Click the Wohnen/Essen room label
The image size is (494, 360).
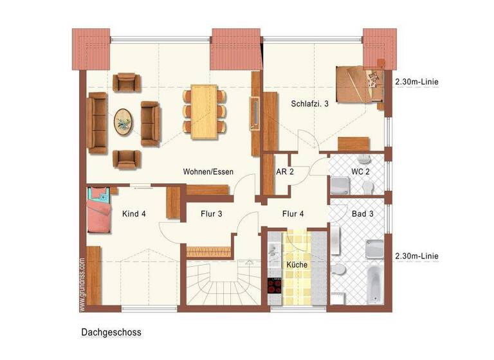click(208, 172)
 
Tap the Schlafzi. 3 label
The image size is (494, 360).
click(309, 103)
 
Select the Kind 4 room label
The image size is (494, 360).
click(134, 214)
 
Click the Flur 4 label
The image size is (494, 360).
click(293, 214)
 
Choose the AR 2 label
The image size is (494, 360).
click(285, 172)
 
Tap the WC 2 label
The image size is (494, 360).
click(360, 172)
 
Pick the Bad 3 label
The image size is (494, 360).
click(362, 214)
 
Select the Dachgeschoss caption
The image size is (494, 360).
click(111, 332)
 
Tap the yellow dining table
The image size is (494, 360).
click(205, 111)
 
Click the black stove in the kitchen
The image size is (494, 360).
click(275, 285)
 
